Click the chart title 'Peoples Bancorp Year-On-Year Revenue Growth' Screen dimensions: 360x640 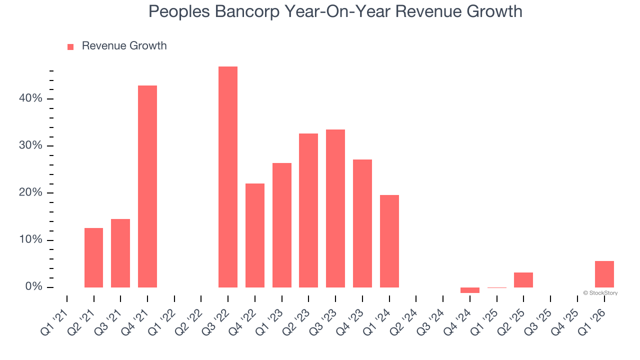click(335, 11)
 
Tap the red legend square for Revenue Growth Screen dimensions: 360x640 click(70, 46)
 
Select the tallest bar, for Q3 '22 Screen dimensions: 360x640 click(228, 177)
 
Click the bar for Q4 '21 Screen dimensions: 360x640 click(147, 186)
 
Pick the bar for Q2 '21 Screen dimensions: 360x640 click(93, 257)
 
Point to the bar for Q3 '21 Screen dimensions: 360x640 click(120, 253)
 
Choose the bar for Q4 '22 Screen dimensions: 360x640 click(255, 235)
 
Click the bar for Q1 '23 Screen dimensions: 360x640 click(282, 225)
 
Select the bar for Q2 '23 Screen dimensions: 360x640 click(308, 210)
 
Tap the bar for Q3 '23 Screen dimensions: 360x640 click(335, 208)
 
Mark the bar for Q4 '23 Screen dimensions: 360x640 click(362, 223)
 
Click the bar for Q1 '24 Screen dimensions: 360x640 click(389, 241)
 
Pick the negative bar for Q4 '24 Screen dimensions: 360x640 click(470, 290)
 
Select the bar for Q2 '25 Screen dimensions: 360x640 click(523, 280)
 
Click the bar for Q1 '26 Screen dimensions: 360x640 click(604, 274)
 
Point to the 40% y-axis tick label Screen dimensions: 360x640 click(30, 98)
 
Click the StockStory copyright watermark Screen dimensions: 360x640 click(600, 293)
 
